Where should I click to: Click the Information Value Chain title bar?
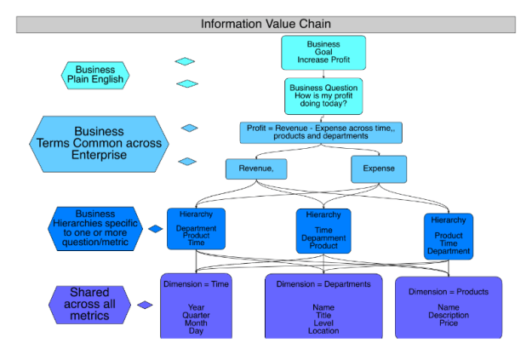pos(266,24)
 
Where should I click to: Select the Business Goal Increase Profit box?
pos(323,52)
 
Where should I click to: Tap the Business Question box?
pos(323,95)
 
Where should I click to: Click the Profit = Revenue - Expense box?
pos(320,132)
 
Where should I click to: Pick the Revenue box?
pos(256,169)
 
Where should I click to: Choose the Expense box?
pos(379,169)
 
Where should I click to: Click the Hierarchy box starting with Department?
pos(196,228)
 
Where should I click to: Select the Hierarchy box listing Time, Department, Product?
pos(323,231)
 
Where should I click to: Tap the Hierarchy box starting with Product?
pos(448,236)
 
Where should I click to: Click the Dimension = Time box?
pos(196,306)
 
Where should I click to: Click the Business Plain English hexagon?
pos(95,76)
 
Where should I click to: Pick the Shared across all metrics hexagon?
pos(89,304)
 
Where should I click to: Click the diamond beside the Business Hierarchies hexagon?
pos(155,228)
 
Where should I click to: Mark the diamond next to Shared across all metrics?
pos(146,305)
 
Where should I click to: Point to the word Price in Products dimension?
pos(448,323)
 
